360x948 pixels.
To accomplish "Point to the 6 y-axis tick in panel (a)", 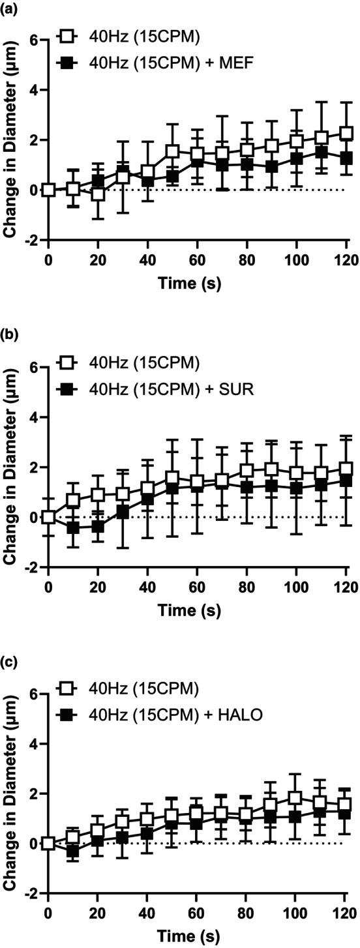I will [x=33, y=40].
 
